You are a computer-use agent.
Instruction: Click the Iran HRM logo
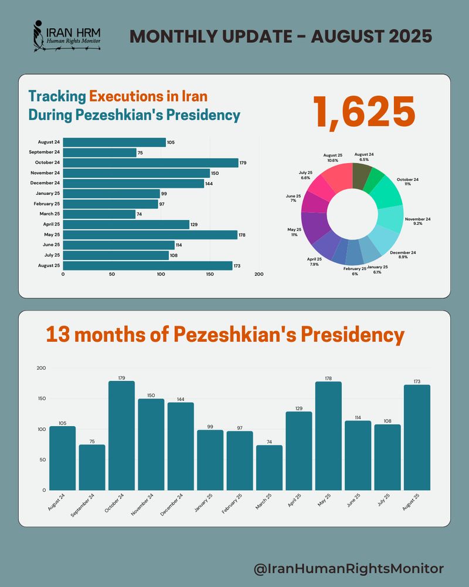tap(66, 37)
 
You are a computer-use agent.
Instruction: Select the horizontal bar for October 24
tap(150, 163)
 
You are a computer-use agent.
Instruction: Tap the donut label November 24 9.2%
tap(417, 222)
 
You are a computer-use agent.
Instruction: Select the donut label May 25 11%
tap(294, 232)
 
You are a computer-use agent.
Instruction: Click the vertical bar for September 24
tap(92, 467)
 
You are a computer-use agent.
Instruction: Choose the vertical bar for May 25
tap(328, 436)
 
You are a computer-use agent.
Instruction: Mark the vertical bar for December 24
tap(181, 446)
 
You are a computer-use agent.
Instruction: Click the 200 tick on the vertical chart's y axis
tap(41, 368)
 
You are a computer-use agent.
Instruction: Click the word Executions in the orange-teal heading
tap(125, 95)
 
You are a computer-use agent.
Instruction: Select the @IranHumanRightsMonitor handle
tap(348, 568)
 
